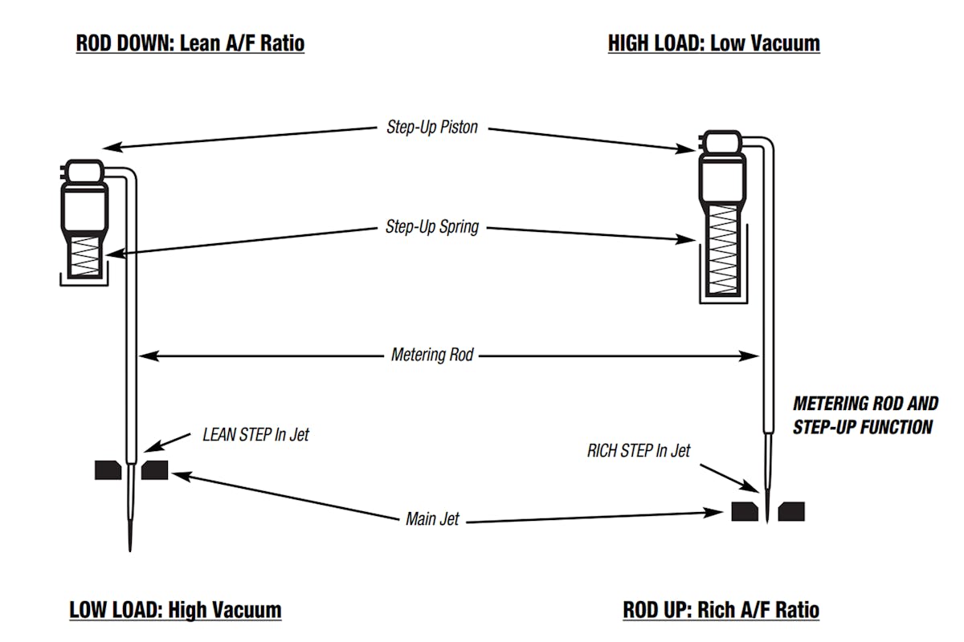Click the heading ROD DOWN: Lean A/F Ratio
pos(190,43)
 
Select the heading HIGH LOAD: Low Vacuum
pos(714,43)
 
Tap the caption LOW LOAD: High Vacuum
pos(175,610)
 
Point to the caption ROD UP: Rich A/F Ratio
pos(721,610)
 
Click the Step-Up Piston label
pos(431,127)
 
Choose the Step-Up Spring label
pos(431,227)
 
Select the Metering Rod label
pos(431,354)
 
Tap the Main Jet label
pos(432,519)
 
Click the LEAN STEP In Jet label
pos(255,435)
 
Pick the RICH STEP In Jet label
pos(639,451)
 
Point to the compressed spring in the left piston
pos(84,261)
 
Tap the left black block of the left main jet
pos(108,470)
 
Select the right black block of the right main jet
pos(791,511)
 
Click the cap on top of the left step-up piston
pos(84,170)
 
